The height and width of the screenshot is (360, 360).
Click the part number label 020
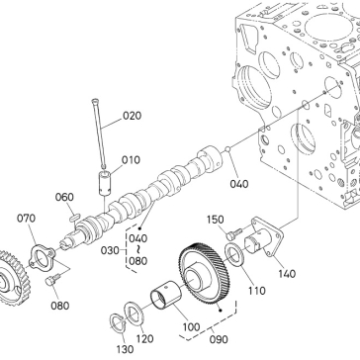(132, 116)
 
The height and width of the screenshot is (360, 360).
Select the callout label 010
(131, 160)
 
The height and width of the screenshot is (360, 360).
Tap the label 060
(64, 197)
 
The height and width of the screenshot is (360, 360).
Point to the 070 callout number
(26, 219)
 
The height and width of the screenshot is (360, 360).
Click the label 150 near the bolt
(216, 220)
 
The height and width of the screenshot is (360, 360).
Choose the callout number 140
(287, 274)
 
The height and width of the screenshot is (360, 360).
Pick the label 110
(257, 291)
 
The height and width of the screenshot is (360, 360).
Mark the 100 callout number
(192, 327)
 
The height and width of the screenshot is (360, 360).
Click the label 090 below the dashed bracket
(219, 339)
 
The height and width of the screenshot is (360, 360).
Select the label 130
(125, 349)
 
